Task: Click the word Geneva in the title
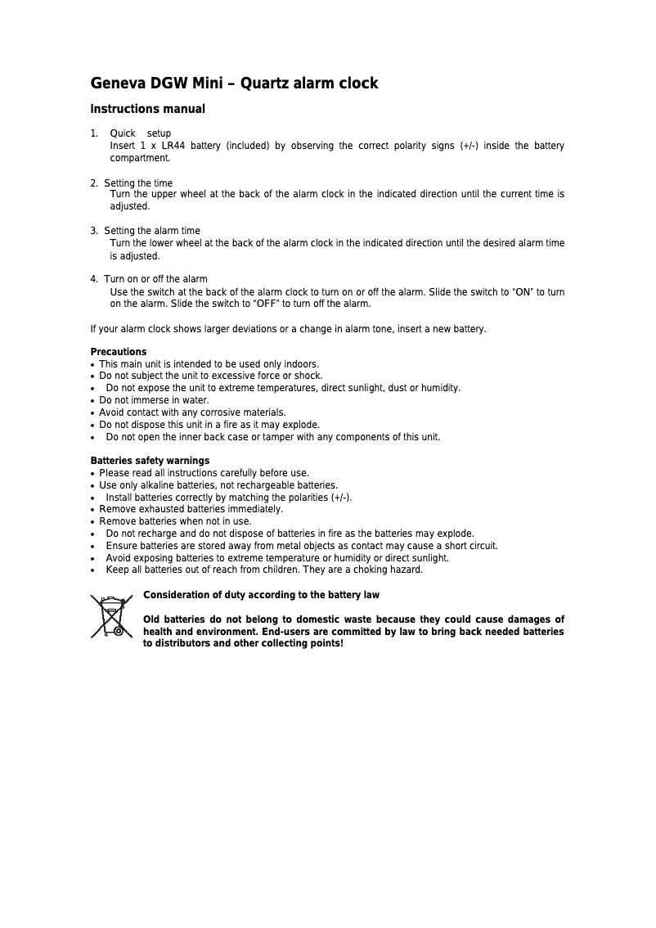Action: [x=114, y=83]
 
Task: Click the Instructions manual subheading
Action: [x=147, y=109]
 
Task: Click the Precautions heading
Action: [x=119, y=352]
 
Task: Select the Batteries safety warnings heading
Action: [x=150, y=461]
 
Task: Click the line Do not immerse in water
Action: [x=154, y=400]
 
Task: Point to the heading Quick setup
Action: [x=140, y=133]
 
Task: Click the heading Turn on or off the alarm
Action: [x=155, y=279]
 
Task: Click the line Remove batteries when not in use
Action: [x=175, y=521]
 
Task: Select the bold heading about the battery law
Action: [x=261, y=595]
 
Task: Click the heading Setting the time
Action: [x=138, y=182]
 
